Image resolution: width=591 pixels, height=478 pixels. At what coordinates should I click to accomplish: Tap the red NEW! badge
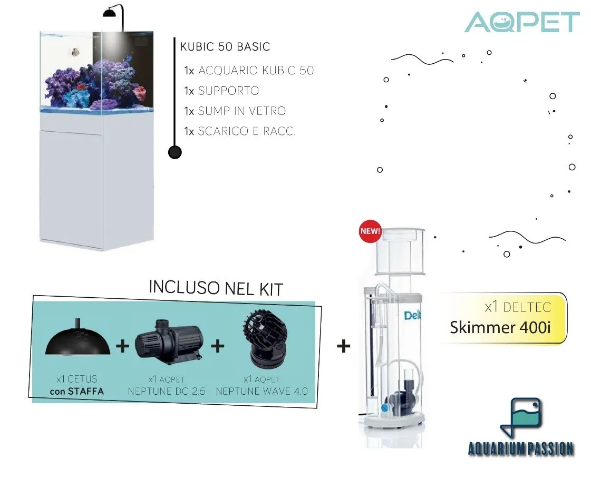[370, 231]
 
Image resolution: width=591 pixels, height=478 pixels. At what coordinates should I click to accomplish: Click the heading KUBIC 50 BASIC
[225, 47]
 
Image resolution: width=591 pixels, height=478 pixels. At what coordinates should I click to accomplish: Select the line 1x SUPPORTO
[221, 91]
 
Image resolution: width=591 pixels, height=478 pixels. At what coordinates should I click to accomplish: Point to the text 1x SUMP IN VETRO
[235, 111]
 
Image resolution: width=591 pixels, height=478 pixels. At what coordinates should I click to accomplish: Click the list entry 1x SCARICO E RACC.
[240, 131]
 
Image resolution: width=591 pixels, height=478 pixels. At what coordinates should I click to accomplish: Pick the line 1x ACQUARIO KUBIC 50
[249, 71]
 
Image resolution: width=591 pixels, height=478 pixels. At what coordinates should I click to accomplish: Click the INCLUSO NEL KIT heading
[216, 288]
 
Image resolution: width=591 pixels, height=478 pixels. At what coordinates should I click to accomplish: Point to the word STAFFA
[85, 392]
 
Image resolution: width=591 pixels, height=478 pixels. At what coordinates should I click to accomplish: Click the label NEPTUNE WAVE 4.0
[261, 392]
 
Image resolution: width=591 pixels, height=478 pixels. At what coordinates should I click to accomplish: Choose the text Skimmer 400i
[500, 327]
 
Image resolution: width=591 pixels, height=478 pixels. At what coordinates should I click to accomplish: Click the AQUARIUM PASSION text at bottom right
[521, 449]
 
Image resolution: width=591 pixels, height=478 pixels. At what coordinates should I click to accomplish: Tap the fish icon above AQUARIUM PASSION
[521, 417]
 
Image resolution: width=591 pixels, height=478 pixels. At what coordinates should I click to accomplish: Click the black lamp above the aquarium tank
[113, 13]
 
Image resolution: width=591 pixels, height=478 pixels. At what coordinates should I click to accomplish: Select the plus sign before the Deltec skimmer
[343, 346]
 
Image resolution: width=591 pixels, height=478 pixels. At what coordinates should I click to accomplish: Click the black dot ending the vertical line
[175, 152]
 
